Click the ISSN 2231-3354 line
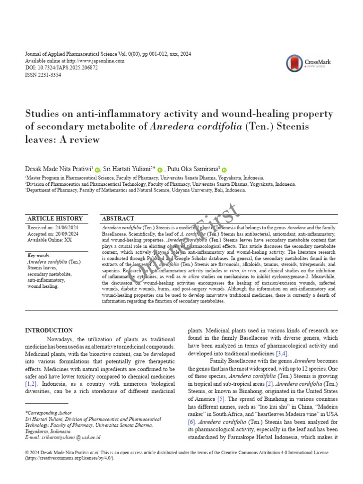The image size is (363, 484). click(43, 75)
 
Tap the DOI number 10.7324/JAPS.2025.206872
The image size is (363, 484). click(68, 68)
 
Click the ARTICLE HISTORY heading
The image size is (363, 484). click(55, 218)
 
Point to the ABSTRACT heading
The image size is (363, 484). click(118, 218)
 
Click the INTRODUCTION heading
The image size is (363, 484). click(49, 330)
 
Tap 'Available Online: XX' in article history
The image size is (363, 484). click(50, 240)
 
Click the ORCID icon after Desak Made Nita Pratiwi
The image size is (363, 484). click(97, 170)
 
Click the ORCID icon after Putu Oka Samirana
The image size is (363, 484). click(224, 170)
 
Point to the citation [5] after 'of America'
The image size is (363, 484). click(221, 399)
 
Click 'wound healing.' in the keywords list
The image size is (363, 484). click(43, 286)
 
